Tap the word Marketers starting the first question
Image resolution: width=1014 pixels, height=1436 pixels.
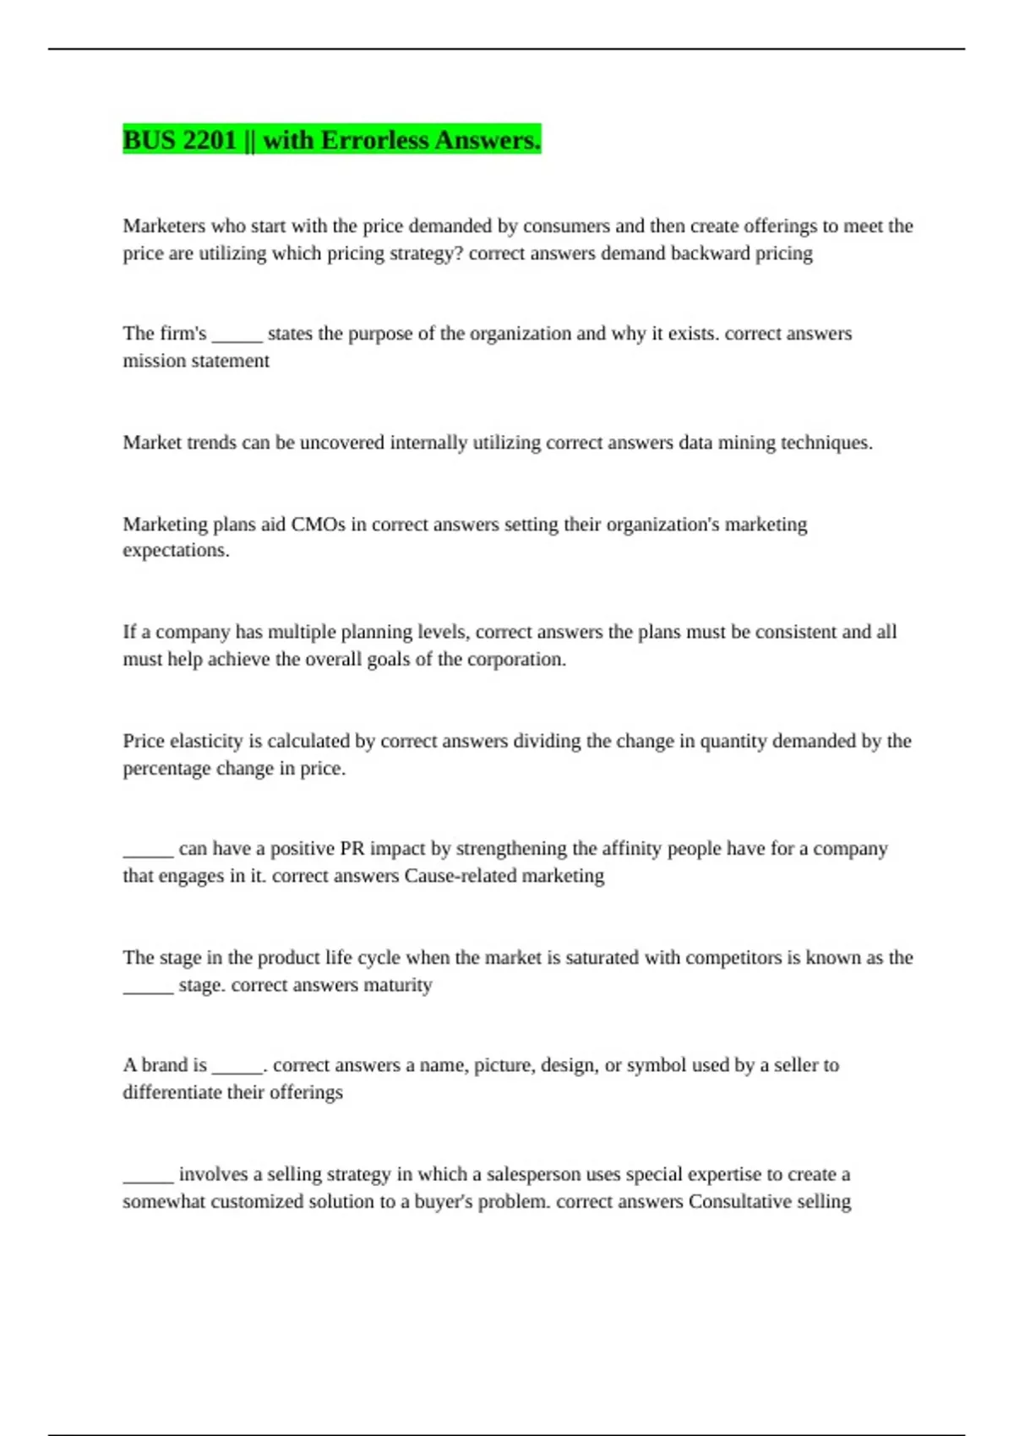164,226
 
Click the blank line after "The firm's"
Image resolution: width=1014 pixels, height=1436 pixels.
237,335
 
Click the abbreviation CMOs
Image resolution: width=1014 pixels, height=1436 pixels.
318,525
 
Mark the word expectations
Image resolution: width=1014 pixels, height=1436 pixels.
176,551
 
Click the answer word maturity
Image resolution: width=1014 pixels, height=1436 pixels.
397,985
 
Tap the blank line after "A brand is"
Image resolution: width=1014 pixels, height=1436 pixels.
237,1066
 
